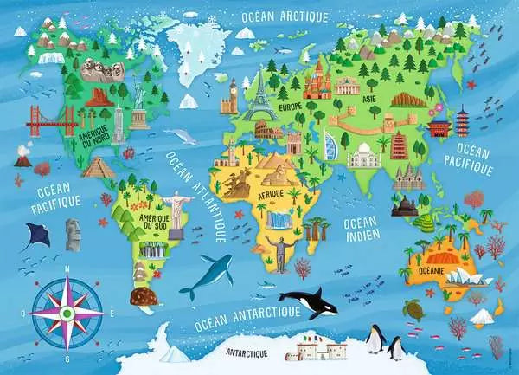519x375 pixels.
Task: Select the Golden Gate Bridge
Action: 52,122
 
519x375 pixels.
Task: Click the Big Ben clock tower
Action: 231,98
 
